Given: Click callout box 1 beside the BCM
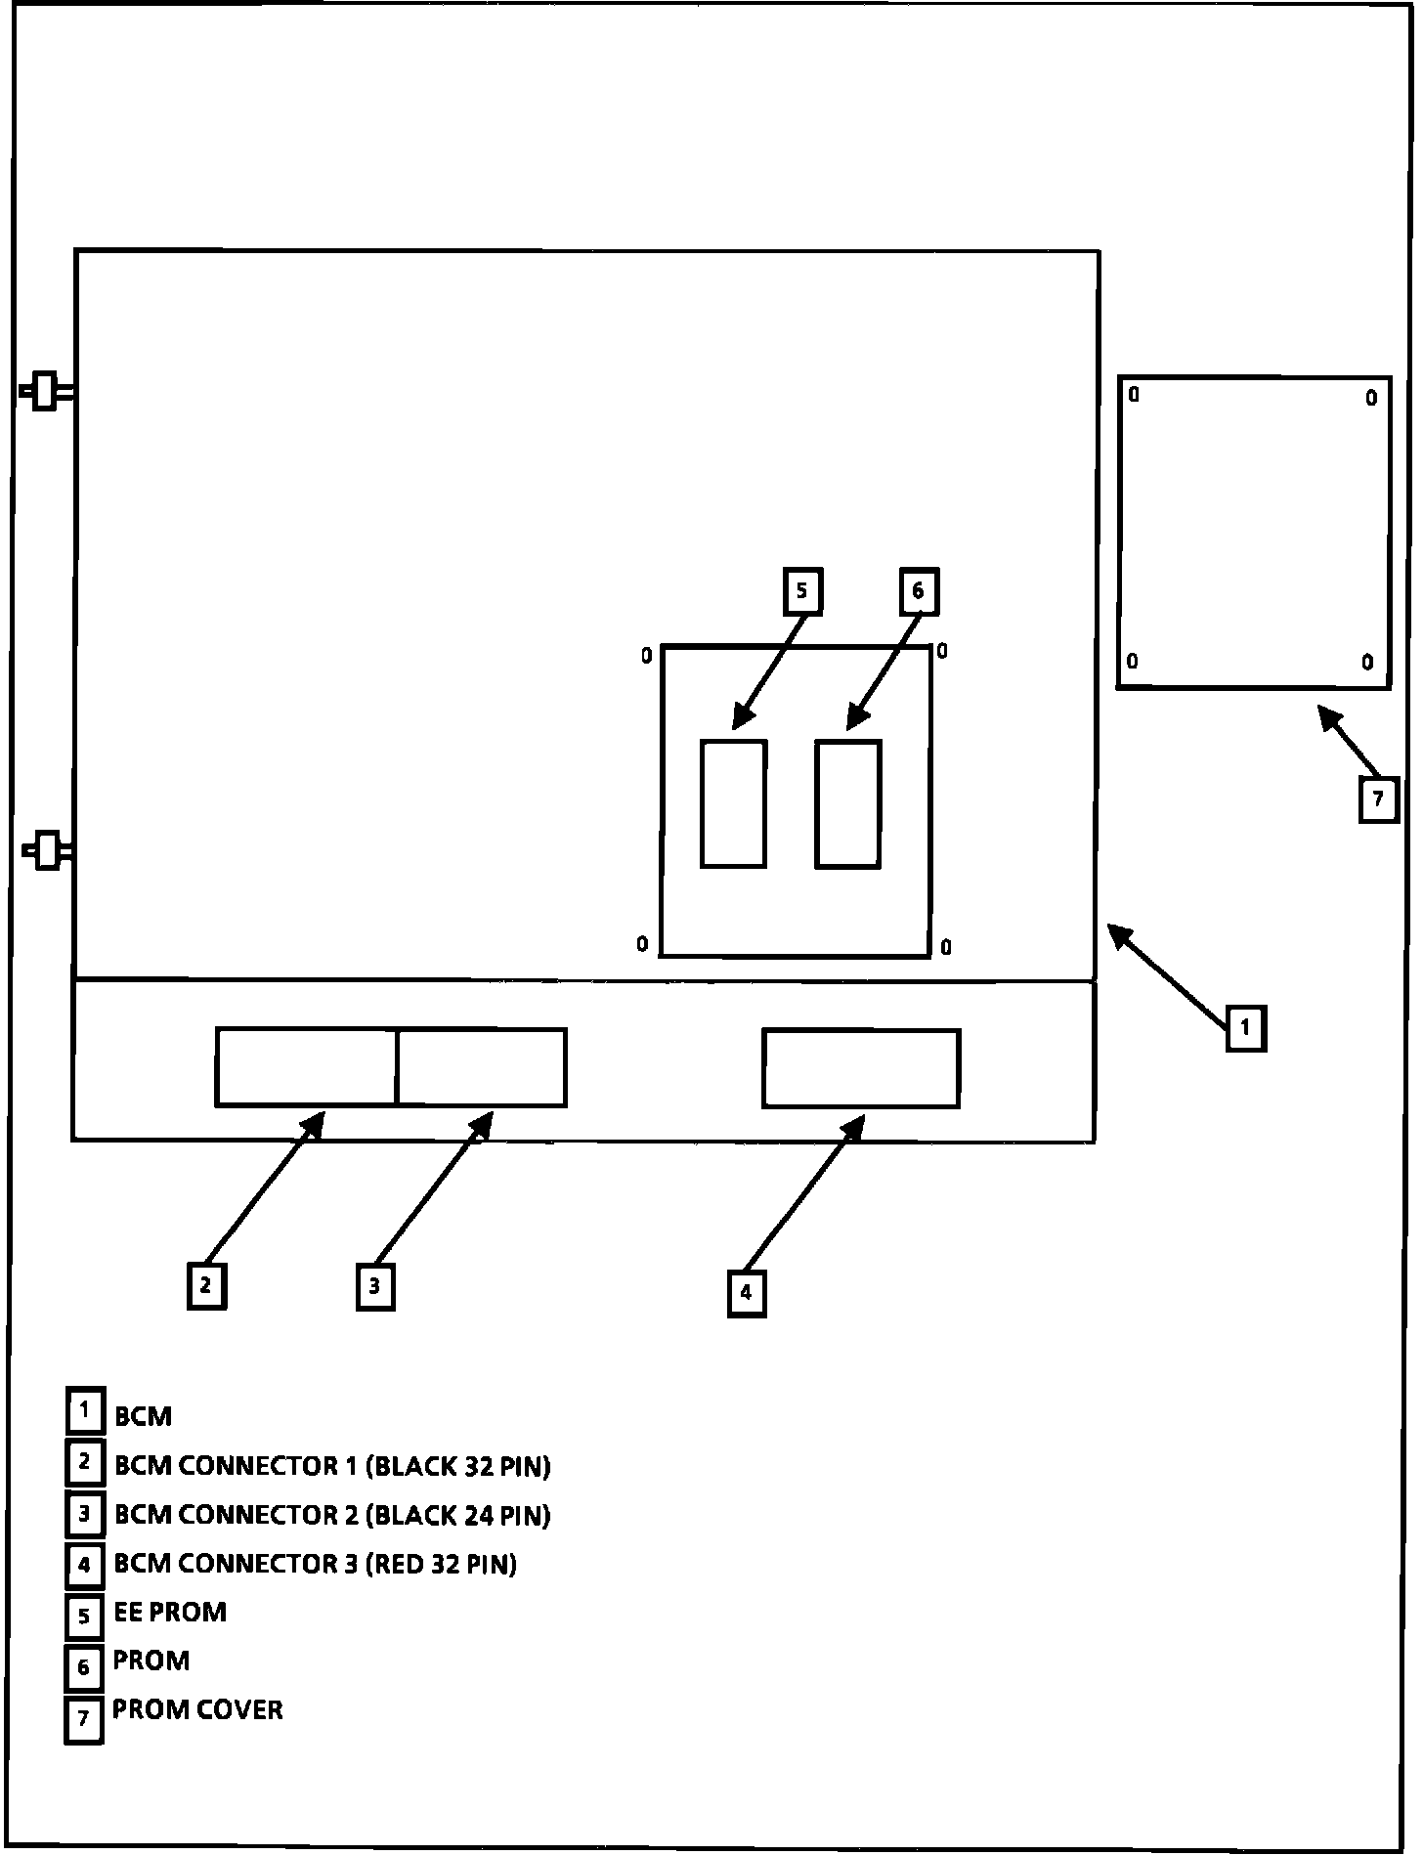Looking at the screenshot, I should tap(1246, 1028).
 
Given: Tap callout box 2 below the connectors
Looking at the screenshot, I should tap(206, 1285).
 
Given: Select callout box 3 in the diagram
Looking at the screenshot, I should tap(375, 1286).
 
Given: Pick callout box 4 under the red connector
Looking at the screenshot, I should tap(747, 1293).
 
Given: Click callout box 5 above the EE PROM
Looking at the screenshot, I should tap(802, 591).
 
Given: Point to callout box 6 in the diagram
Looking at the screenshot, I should tap(918, 591).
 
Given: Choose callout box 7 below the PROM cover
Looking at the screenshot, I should tap(1379, 799).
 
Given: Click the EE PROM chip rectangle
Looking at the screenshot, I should tap(733, 803).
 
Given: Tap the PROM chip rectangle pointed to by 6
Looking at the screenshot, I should tap(848, 803).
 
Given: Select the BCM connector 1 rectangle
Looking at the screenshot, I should tap(306, 1067).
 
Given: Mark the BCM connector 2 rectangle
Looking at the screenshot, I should tap(482, 1067).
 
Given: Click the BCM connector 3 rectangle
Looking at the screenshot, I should tap(861, 1068).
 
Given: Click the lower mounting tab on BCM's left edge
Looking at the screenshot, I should tap(47, 850).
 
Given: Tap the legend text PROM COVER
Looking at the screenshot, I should tap(197, 1709).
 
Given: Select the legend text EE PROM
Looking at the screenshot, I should tap(170, 1612).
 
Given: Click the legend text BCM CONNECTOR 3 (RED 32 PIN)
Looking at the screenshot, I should tap(315, 1564).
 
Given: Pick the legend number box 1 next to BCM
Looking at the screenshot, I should tap(85, 1411).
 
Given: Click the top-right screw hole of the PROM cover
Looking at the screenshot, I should tap(1371, 398).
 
